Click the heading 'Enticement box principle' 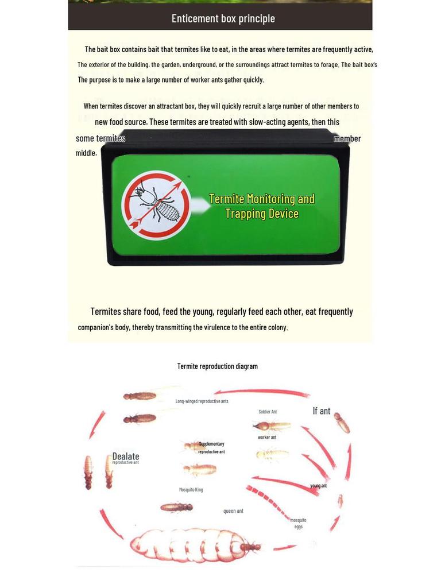coord(223,18)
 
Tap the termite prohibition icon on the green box coord(156,205)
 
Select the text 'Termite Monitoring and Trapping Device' coord(262,206)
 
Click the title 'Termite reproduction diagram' coord(217,366)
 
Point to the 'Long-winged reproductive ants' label coord(202,401)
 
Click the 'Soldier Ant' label coord(268,412)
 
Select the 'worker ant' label coord(267,438)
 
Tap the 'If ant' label coord(321,411)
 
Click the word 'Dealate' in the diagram coord(126,457)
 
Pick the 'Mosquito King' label coord(191,490)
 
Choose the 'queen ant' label coord(233,511)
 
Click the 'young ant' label coord(318,486)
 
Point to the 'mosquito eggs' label coord(298,523)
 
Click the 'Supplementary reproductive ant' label coord(211,448)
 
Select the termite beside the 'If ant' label coord(342,423)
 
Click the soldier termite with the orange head coord(271,426)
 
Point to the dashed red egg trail coord(268,502)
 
